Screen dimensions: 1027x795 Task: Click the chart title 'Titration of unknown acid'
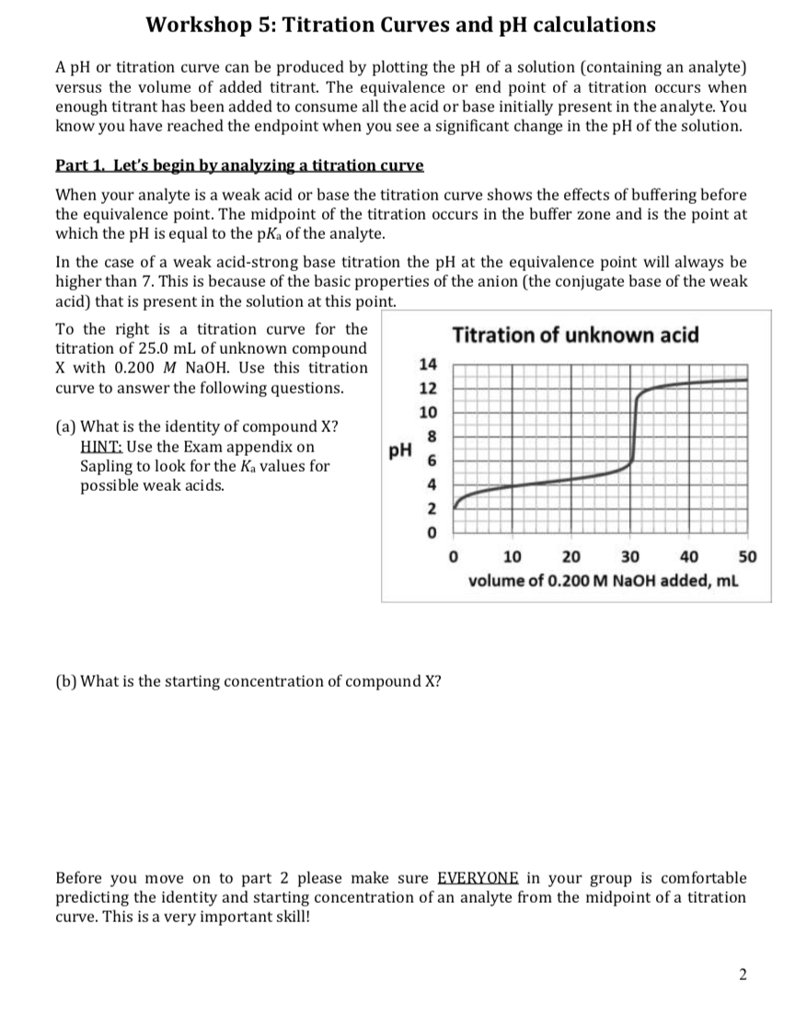pos(576,335)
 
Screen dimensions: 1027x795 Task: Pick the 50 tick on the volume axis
pos(747,555)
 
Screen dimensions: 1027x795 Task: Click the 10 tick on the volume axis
pos(513,555)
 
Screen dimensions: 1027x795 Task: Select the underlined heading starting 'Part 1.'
pos(239,165)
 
